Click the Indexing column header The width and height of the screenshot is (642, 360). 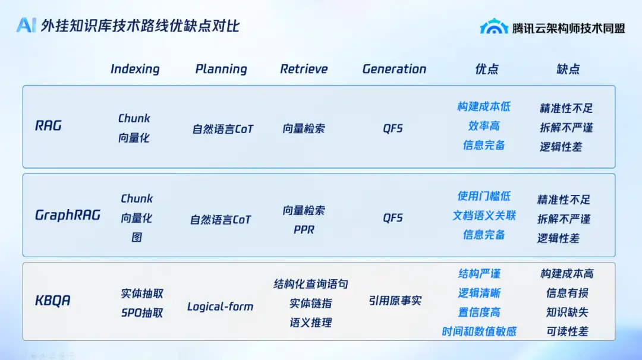point(135,69)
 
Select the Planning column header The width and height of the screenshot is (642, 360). point(221,69)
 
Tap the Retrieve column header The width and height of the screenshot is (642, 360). point(304,69)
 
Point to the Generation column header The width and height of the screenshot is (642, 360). point(394,69)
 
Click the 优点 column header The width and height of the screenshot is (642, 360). point(487,69)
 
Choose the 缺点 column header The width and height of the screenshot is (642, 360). point(568,69)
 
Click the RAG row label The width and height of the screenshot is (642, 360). point(48,125)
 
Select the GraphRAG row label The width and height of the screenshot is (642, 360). point(68,215)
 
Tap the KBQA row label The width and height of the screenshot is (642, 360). point(53,301)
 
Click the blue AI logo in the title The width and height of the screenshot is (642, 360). point(26,26)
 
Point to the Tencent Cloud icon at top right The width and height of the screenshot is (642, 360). point(494,26)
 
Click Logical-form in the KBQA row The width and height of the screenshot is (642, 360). point(221,307)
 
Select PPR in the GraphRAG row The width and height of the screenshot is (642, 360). point(304,230)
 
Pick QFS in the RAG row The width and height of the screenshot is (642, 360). point(393,128)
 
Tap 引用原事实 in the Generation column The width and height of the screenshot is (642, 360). point(395,301)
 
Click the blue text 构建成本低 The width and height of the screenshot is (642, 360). point(484,107)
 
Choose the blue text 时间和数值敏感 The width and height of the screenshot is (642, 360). point(479,331)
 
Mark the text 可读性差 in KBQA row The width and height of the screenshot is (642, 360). point(568,331)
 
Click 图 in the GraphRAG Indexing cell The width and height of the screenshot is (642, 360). point(137,237)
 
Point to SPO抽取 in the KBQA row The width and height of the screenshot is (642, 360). point(142,313)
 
